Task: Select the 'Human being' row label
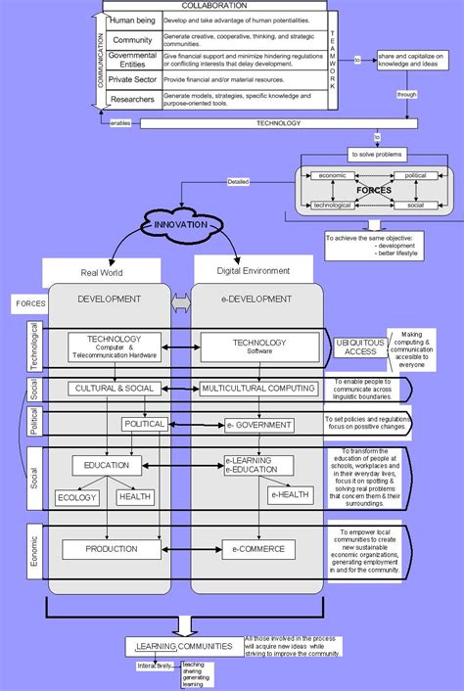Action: pyautogui.click(x=132, y=21)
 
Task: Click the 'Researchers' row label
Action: pyautogui.click(x=132, y=100)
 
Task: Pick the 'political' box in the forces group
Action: pyautogui.click(x=415, y=176)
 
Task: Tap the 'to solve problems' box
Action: pyautogui.click(x=376, y=155)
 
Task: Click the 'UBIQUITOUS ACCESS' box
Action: pyautogui.click(x=350, y=347)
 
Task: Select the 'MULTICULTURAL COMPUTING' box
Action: pyautogui.click(x=257, y=389)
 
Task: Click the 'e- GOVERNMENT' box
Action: pyautogui.click(x=258, y=424)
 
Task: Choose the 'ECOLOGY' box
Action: pyautogui.click(x=78, y=497)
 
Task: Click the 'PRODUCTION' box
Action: pyautogui.click(x=111, y=549)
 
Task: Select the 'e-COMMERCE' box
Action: pyautogui.click(x=257, y=549)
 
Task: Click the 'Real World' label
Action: pyautogui.click(x=101, y=274)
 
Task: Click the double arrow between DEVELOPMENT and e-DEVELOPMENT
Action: pyautogui.click(x=181, y=307)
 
